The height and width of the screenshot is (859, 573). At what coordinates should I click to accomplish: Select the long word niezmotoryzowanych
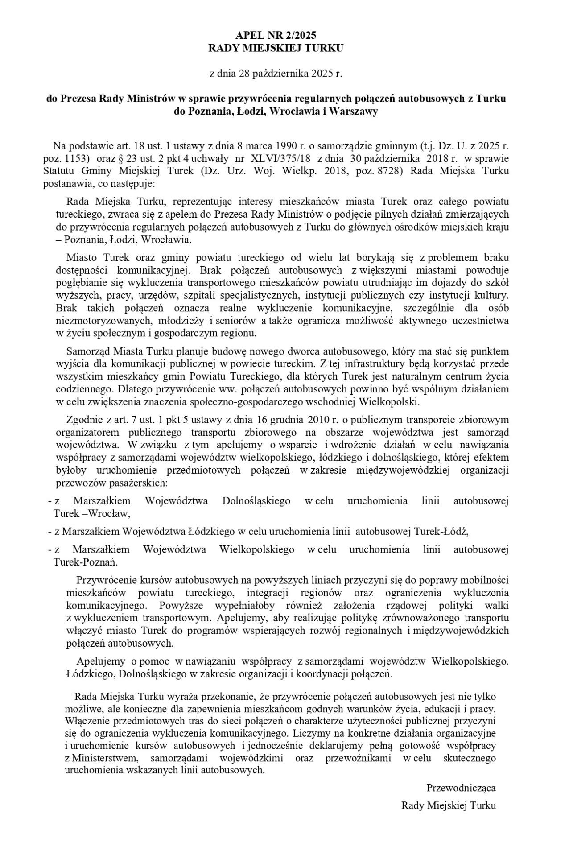click(95, 320)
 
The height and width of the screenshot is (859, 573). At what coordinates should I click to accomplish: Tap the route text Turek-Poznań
click(86, 562)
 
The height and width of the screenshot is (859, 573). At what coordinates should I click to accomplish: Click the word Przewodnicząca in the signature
click(461, 788)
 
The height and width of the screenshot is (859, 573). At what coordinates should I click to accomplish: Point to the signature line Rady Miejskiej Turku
click(448, 805)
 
